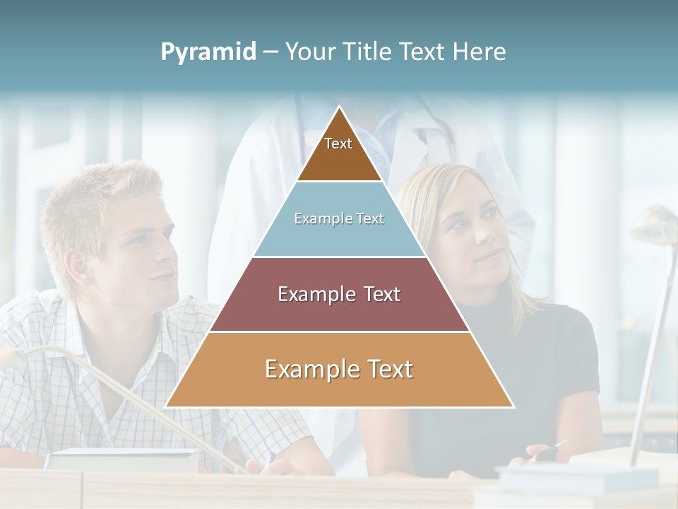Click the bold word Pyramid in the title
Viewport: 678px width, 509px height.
tap(208, 52)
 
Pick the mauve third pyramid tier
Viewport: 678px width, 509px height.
tap(339, 294)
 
